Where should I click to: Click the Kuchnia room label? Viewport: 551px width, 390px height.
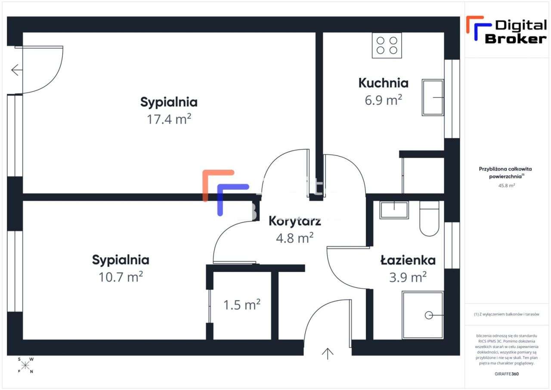click(x=383, y=83)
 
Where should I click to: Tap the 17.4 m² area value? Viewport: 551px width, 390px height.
click(x=169, y=119)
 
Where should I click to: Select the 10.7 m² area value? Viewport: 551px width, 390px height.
click(x=121, y=277)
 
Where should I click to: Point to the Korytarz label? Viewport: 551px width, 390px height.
click(x=294, y=222)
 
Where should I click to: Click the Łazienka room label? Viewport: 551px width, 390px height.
click(x=408, y=260)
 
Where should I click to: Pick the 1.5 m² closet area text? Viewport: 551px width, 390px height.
click(x=241, y=305)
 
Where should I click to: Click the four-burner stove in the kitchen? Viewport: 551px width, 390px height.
click(x=387, y=45)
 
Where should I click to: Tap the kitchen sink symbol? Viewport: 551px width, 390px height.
click(x=433, y=97)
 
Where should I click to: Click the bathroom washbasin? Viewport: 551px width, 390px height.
click(x=394, y=210)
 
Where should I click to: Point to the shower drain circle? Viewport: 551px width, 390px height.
click(x=429, y=315)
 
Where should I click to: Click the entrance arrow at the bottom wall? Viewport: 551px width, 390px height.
click(x=328, y=353)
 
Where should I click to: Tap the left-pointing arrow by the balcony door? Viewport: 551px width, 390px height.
click(x=16, y=70)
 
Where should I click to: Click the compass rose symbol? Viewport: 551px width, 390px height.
click(x=25, y=365)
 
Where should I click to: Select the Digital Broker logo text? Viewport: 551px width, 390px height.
click(x=515, y=32)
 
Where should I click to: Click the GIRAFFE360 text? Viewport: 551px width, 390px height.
click(x=507, y=374)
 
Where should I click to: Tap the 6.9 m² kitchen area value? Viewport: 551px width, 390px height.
click(x=383, y=100)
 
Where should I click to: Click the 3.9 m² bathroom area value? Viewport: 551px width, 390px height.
click(x=408, y=277)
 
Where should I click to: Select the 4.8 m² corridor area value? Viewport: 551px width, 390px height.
click(x=294, y=238)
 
